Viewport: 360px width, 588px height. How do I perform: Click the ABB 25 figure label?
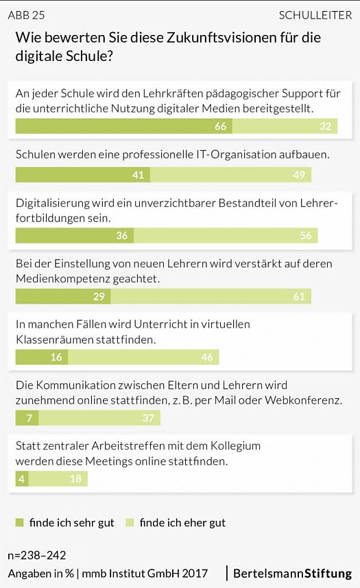point(26,15)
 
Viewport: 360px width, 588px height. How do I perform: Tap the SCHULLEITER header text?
point(315,15)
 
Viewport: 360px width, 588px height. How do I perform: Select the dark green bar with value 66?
point(123,126)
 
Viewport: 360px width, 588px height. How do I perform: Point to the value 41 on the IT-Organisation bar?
point(138,175)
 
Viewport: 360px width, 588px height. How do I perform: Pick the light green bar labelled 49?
point(230,175)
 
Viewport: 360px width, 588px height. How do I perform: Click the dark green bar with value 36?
point(74,236)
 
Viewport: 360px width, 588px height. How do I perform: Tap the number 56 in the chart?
point(305,236)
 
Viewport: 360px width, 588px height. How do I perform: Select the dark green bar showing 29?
point(63,296)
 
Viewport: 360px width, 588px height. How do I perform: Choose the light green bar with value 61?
point(211,296)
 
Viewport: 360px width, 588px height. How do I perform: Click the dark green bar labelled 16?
point(42,357)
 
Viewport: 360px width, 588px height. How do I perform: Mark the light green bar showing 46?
point(143,357)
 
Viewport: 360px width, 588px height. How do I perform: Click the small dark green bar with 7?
point(27,418)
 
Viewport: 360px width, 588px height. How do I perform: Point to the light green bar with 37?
point(95,418)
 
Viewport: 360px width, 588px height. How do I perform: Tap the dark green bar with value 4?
point(22,478)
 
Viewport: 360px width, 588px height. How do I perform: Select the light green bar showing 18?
point(58,478)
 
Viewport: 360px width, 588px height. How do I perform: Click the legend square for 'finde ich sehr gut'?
point(19,523)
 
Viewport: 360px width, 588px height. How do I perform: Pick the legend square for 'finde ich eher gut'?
point(130,523)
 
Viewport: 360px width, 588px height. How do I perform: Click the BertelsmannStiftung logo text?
point(292,573)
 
